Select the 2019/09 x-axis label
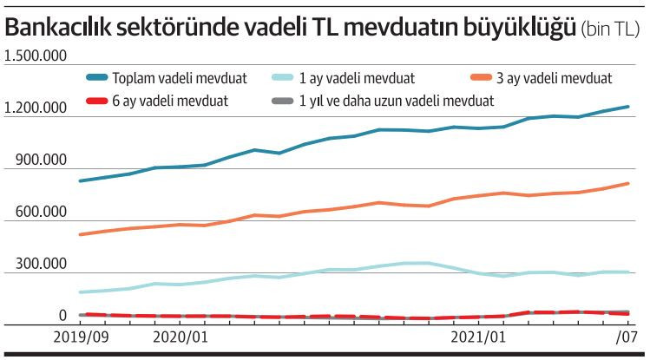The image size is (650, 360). (x=82, y=336)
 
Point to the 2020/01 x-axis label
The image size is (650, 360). (x=180, y=336)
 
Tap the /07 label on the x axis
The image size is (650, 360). (x=627, y=336)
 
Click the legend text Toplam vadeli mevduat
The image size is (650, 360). (x=180, y=78)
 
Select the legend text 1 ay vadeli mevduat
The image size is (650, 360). (x=355, y=78)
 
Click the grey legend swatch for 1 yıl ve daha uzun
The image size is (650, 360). (x=277, y=101)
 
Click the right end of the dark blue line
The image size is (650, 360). (x=627, y=107)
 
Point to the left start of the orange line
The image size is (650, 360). (x=81, y=234)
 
